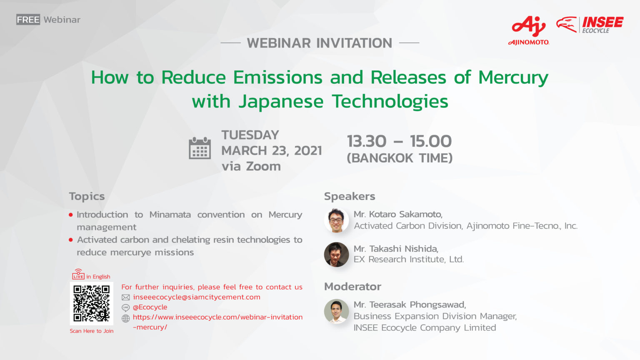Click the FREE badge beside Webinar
[x=28, y=20]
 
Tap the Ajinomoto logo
[x=529, y=30]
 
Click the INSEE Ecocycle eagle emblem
[x=567, y=25]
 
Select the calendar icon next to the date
[x=200, y=148]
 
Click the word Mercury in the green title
[x=513, y=78]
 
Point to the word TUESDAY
[x=250, y=135]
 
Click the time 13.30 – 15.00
[x=400, y=141]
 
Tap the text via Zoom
[x=251, y=166]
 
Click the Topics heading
[x=87, y=197]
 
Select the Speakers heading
[x=350, y=196]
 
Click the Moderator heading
[x=352, y=287]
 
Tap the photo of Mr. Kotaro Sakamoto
[x=336, y=220]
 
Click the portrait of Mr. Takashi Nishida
[x=336, y=255]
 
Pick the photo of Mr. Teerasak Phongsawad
[x=336, y=311]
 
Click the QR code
[x=91, y=303]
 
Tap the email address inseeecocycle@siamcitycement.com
[x=197, y=297]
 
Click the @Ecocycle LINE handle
[x=150, y=307]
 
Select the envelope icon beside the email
[x=126, y=297]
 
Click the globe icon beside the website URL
[x=126, y=318]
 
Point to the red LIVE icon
[x=78, y=274]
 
